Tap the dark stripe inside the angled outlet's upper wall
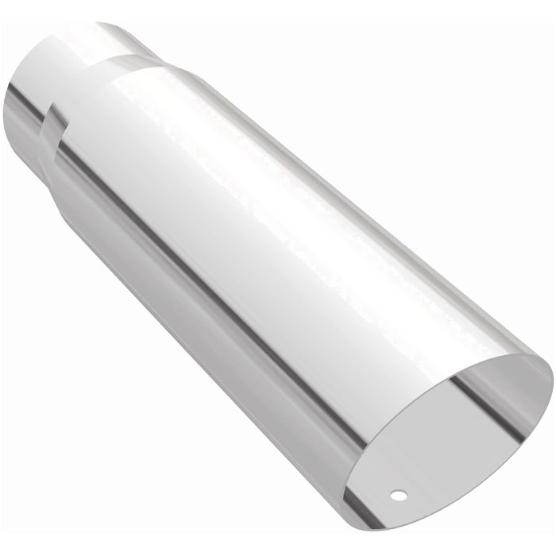point(477,389)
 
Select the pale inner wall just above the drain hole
point(413,469)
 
